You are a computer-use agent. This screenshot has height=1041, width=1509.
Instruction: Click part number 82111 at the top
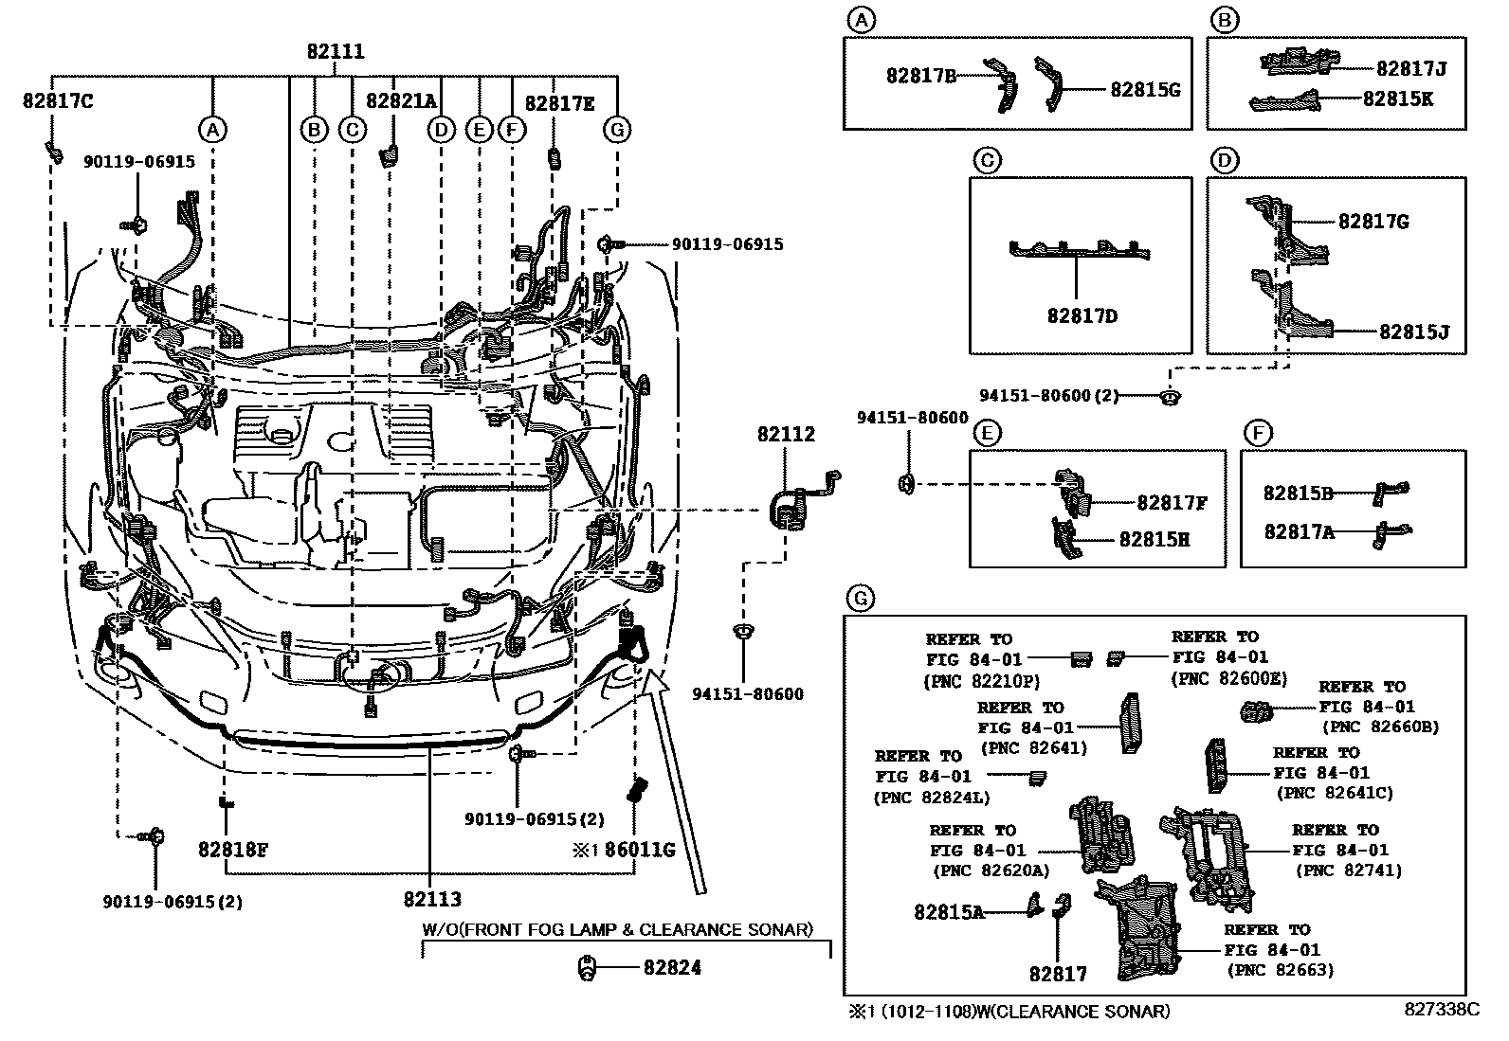tap(336, 53)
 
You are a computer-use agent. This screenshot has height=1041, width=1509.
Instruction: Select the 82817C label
tap(58, 100)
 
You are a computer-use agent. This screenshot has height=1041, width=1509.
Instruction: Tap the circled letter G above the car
tap(617, 129)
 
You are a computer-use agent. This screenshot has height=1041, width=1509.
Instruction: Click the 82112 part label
tap(786, 435)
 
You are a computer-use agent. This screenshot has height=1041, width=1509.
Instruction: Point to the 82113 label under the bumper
tap(431, 898)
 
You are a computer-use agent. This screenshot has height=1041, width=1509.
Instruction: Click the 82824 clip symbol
tap(588, 967)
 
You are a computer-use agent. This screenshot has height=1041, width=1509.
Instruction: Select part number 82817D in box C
tap(1082, 316)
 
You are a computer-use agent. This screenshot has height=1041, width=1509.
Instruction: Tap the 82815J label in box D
tap(1414, 332)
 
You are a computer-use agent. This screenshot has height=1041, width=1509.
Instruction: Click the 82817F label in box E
tap(1172, 503)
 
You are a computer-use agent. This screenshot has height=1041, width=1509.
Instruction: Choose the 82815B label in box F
tap(1299, 493)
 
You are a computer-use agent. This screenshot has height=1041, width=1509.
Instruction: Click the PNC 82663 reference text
tap(1280, 970)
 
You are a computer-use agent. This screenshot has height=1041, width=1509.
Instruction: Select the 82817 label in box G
tap(1058, 974)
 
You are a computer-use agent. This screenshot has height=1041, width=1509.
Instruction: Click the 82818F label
tap(233, 850)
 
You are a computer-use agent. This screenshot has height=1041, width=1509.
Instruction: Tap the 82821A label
tap(401, 100)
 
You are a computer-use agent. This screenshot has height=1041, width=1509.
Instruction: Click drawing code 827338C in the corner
tap(1442, 1010)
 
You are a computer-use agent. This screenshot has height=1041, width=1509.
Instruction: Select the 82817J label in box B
tap(1411, 68)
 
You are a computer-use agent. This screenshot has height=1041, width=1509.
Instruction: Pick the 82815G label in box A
tap(1145, 90)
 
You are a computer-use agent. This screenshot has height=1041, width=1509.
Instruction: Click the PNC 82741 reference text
tap(1348, 870)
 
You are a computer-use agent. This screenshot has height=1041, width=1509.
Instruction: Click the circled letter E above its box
tap(988, 434)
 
